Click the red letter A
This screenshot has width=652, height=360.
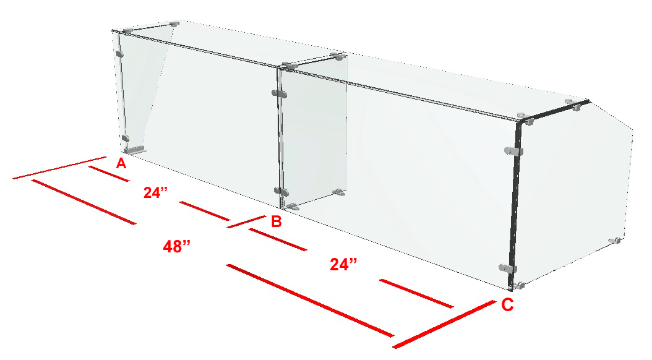tap(121, 163)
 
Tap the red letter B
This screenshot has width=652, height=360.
tap(276, 221)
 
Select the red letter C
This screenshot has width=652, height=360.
tap(507, 305)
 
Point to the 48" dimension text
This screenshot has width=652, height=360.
tap(176, 247)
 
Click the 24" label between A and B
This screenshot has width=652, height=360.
tap(155, 192)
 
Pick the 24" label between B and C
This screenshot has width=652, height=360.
tap(343, 264)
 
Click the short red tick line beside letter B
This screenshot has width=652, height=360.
tap(246, 221)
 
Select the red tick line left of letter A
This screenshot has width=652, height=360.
tap(59, 168)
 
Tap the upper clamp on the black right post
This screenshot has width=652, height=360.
tap(513, 152)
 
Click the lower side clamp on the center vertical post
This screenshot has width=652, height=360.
tap(281, 192)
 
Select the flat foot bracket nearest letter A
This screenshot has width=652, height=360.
tap(135, 150)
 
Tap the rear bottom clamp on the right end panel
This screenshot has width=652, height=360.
tap(615, 241)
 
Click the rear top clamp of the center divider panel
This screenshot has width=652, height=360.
tap(337, 55)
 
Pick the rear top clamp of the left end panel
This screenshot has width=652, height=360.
tap(174, 24)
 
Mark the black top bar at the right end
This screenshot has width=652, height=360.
tap(554, 111)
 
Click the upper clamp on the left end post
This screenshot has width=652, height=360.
tap(120, 54)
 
